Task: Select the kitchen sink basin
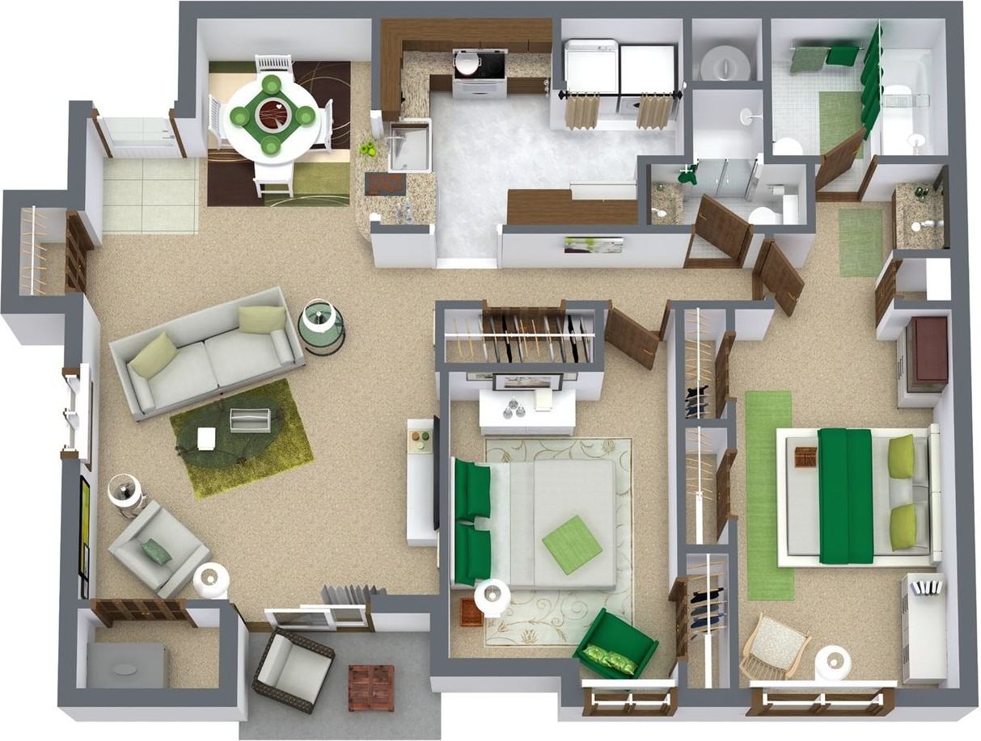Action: [x=409, y=146]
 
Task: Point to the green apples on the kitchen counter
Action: [x=368, y=149]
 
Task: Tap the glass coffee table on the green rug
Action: [x=249, y=420]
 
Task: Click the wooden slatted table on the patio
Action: [x=370, y=687]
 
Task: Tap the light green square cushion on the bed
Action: [x=572, y=544]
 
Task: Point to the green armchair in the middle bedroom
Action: [x=615, y=644]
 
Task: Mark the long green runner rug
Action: [x=768, y=495]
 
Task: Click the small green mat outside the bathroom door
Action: [x=859, y=242]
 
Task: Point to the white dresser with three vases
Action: [x=526, y=410]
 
